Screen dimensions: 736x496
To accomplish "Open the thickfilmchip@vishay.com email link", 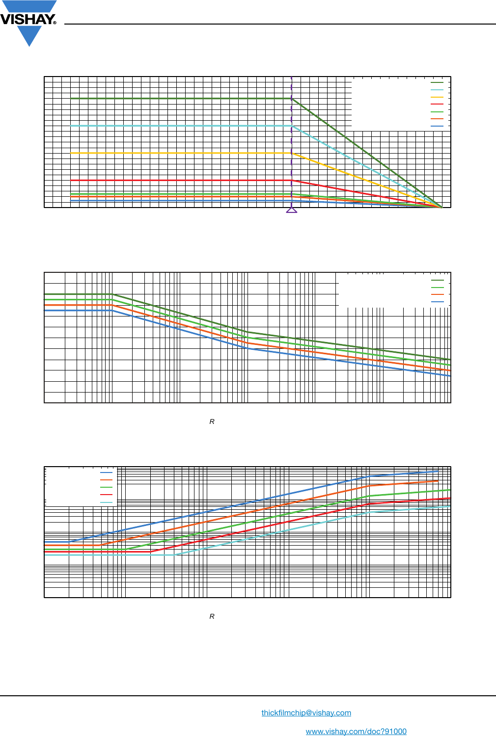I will pyautogui.click(x=306, y=712).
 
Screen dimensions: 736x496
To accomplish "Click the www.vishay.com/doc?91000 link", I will pyautogui.click(x=356, y=731).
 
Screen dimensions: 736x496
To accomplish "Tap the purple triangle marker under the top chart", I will pyautogui.click(x=292, y=210).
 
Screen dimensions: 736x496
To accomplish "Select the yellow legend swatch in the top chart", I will pyautogui.click(x=437, y=97).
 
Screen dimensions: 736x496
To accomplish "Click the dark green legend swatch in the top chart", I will pyautogui.click(x=437, y=82).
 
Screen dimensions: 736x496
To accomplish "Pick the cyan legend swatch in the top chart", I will pyautogui.click(x=437, y=90).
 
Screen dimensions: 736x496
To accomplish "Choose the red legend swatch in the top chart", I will pyautogui.click(x=437, y=104).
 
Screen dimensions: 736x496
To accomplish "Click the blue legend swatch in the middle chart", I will pyautogui.click(x=437, y=302).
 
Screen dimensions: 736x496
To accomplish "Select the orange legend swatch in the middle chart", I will pyautogui.click(x=437, y=294).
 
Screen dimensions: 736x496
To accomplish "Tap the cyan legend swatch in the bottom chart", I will pyautogui.click(x=106, y=502).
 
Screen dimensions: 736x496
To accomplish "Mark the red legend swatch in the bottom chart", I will pyautogui.click(x=106, y=495).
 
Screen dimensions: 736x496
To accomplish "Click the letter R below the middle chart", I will pyautogui.click(x=212, y=421).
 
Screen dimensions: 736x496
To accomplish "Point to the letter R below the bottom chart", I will pyautogui.click(x=212, y=616).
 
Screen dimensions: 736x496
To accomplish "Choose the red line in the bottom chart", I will pyautogui.click(x=246, y=530).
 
